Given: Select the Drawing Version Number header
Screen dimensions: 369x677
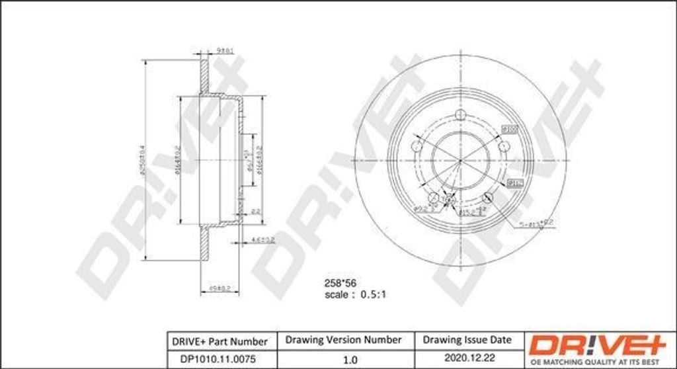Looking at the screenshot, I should (343, 340).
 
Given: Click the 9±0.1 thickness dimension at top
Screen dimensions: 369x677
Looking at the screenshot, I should (227, 50).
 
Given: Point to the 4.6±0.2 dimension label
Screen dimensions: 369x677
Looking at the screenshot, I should (262, 239).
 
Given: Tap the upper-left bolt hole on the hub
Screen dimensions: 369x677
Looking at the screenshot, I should (417, 146).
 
